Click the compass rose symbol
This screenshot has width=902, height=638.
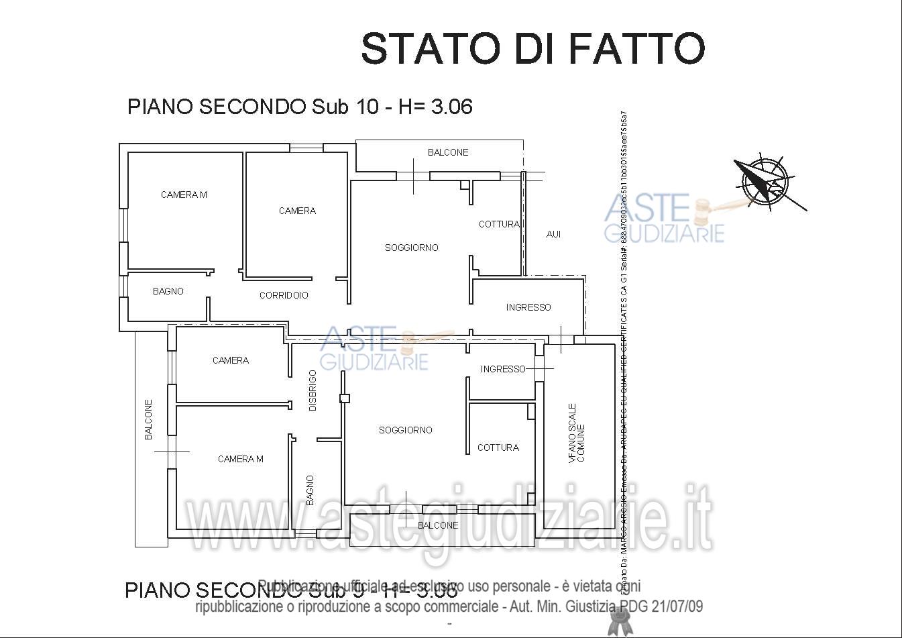[x=764, y=179]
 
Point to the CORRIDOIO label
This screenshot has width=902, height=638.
[x=284, y=295]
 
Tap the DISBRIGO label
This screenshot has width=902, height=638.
[x=313, y=390]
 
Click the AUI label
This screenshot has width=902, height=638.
[x=553, y=234]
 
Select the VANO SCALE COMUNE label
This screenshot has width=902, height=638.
[x=576, y=433]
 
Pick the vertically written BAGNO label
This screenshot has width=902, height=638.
[x=310, y=490]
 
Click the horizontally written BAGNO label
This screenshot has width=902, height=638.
[x=168, y=291]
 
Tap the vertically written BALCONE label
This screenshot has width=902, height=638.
[x=149, y=420]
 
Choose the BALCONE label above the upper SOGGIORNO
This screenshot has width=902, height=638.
[x=448, y=152]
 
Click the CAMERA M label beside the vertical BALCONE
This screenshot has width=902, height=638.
[x=240, y=459]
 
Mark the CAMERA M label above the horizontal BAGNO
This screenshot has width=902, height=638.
[x=184, y=195]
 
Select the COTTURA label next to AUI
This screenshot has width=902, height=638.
[x=498, y=224]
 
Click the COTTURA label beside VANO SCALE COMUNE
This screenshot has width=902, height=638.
[x=498, y=447]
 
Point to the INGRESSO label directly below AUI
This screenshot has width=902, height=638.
[x=528, y=307]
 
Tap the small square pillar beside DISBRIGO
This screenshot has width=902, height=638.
[x=345, y=398]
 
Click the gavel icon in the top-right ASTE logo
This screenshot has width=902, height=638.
[x=704, y=211]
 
